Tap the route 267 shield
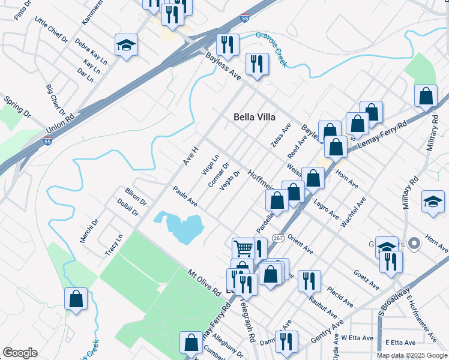[278, 238]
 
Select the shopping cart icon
[243, 248]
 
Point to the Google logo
[20, 353]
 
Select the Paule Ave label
[185, 196]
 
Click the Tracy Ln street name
[113, 245]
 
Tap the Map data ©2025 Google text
[411, 355]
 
